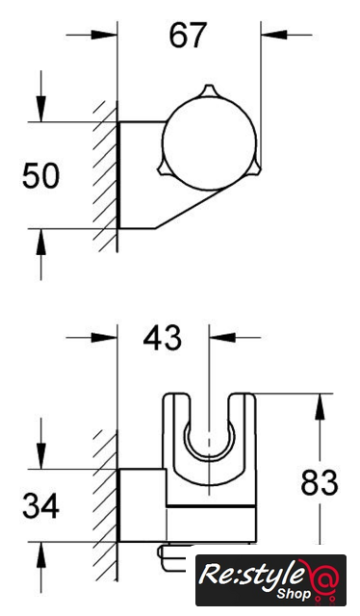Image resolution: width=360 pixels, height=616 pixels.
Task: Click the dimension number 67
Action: point(188,36)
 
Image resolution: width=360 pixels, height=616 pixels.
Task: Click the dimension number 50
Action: point(40,175)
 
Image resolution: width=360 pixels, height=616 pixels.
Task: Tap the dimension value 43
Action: point(163,338)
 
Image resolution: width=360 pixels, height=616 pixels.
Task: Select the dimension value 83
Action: point(320,482)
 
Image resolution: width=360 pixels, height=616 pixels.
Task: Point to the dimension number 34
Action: point(40,505)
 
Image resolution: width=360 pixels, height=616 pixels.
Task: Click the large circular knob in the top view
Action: point(210,143)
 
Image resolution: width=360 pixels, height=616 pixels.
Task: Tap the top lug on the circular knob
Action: point(209,90)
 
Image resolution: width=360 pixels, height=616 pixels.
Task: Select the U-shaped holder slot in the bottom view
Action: point(210,450)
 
